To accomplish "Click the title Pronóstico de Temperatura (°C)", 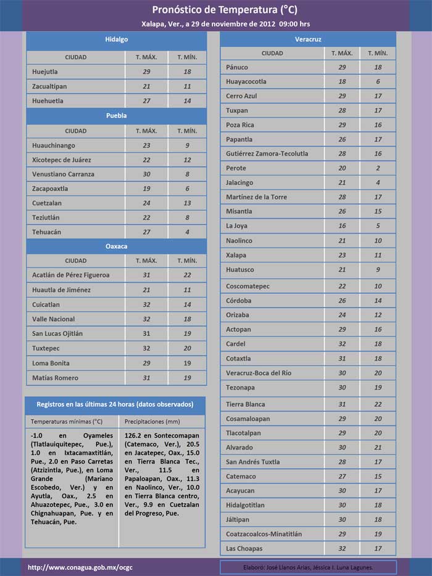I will click(x=225, y=10).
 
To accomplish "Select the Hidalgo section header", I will click(x=116, y=39).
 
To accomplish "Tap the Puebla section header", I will click(x=116, y=115).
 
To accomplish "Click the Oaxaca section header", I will click(x=116, y=246).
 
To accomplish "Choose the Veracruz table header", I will click(x=307, y=40).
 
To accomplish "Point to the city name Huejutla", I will click(x=45, y=72).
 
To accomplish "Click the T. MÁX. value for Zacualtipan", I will click(x=146, y=86).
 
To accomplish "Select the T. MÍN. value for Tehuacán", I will click(x=187, y=232).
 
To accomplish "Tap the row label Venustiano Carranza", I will click(x=63, y=174).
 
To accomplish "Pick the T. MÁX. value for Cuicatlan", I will click(x=146, y=304).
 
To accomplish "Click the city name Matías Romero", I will click(x=55, y=378).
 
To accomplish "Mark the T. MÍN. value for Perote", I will click(x=378, y=168).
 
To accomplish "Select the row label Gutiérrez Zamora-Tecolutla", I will click(x=267, y=154).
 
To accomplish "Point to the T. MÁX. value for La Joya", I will click(x=342, y=226).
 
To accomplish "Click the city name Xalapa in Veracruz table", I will click(x=236, y=255).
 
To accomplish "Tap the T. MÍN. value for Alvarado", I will click(x=378, y=448).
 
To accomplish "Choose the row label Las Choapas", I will click(x=244, y=549).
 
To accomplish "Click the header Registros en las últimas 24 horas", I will click(x=115, y=404).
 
